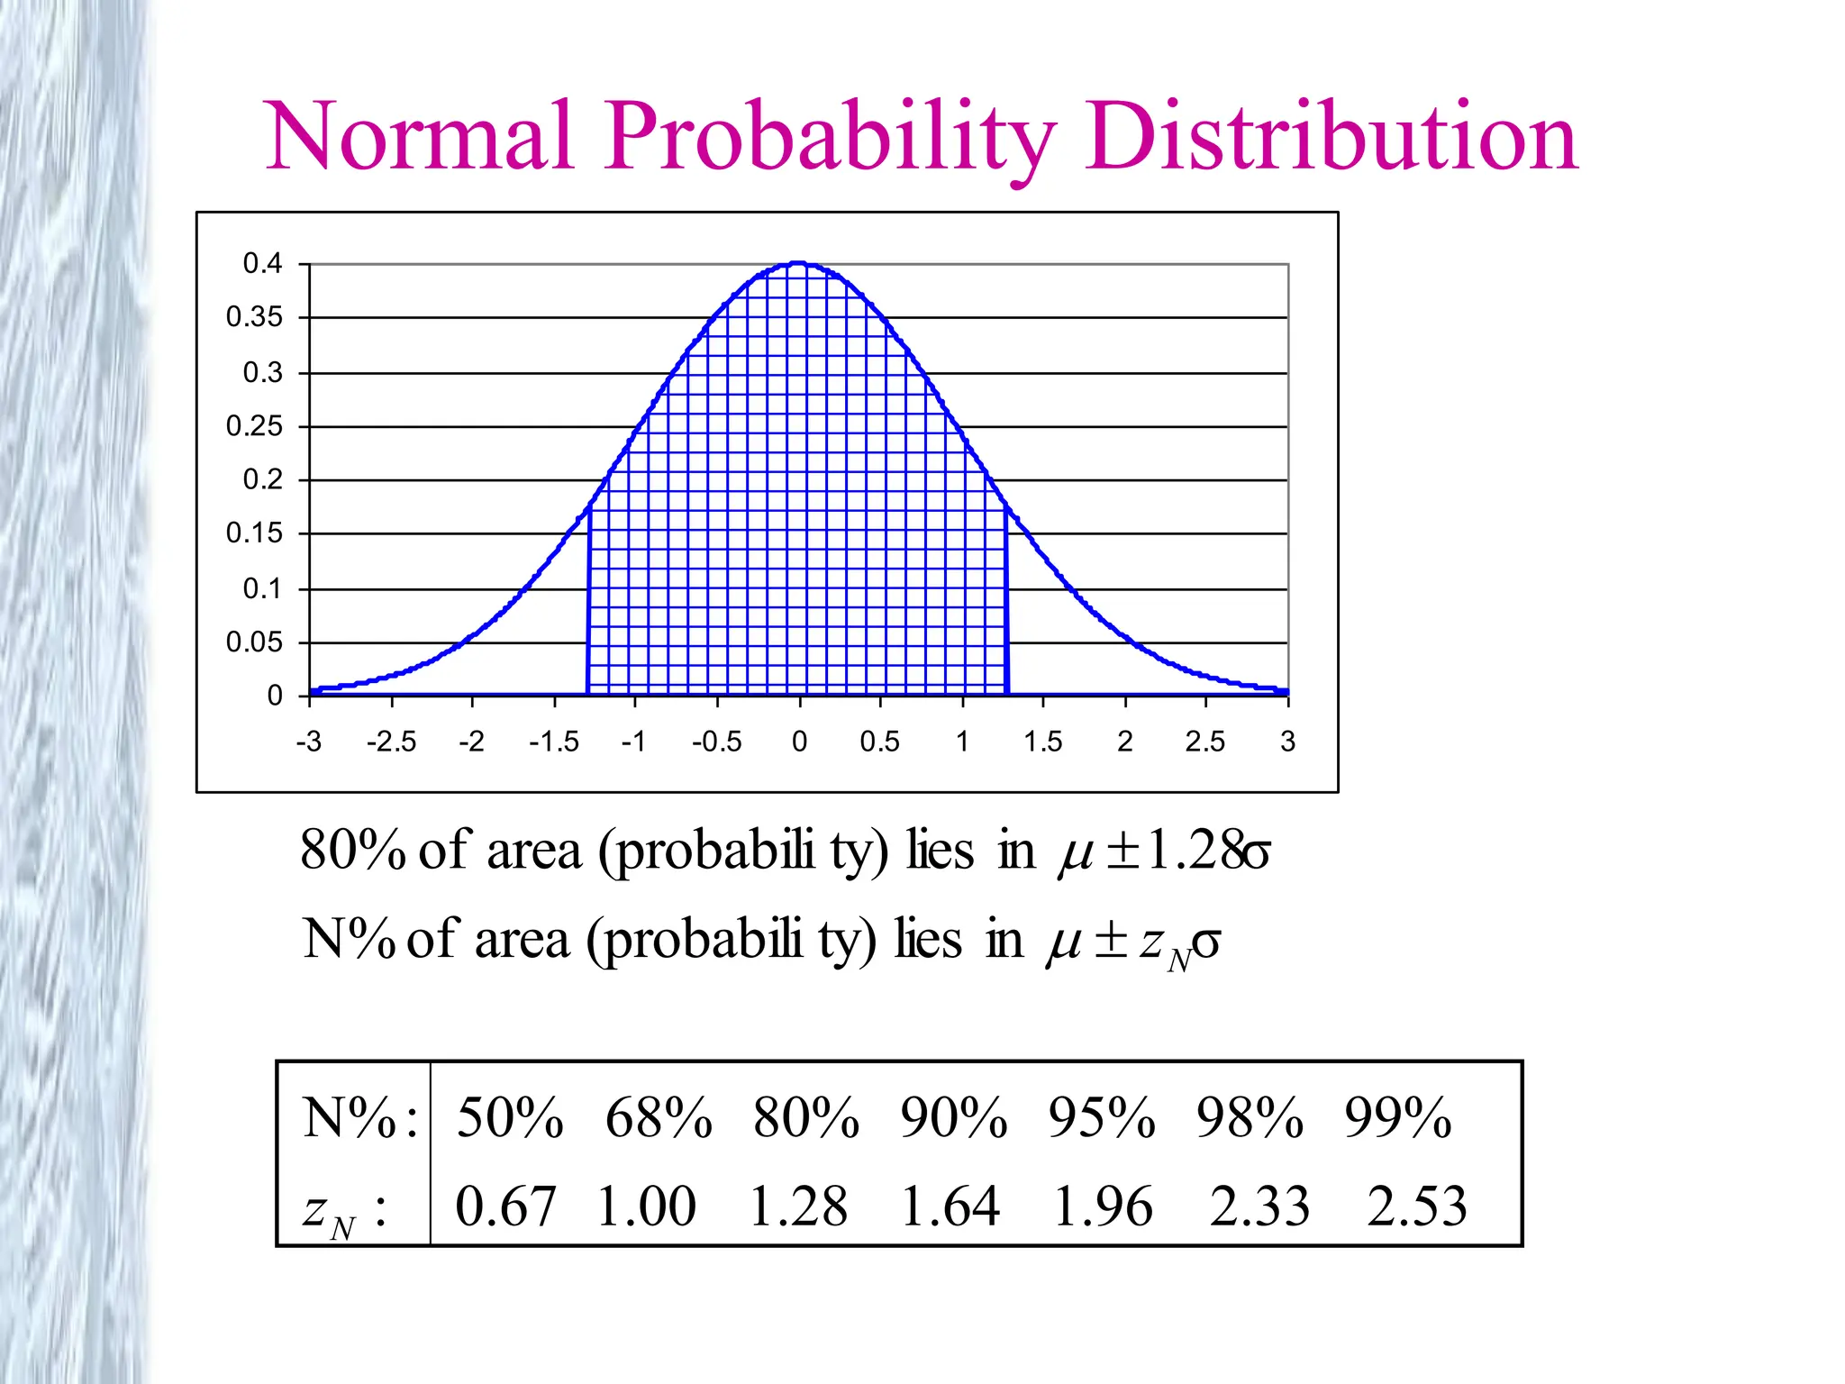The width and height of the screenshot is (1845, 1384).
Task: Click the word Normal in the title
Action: (419, 137)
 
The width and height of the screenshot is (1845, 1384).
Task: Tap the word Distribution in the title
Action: (1331, 137)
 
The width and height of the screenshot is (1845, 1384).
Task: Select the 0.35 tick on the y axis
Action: (254, 317)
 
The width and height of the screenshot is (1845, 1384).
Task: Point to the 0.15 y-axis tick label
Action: (254, 533)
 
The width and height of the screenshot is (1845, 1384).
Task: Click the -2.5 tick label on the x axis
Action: (391, 742)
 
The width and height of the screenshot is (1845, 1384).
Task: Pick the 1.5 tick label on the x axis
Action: (1042, 742)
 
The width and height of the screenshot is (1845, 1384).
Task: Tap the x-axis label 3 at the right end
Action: (1287, 742)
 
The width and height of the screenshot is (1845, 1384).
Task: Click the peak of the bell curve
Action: (798, 264)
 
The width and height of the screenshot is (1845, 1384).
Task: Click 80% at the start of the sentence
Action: (352, 850)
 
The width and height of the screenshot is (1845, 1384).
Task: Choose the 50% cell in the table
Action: (510, 1118)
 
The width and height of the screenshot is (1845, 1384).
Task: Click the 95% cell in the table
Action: (1101, 1118)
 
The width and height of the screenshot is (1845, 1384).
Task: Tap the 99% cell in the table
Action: (1397, 1118)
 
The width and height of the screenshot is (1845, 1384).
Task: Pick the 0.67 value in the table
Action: (505, 1206)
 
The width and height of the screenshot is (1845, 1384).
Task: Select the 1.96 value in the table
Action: (1103, 1206)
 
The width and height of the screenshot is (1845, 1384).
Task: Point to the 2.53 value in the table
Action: (1416, 1206)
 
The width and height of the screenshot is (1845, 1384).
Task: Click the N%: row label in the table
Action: (359, 1118)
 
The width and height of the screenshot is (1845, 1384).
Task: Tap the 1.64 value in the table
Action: (950, 1206)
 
